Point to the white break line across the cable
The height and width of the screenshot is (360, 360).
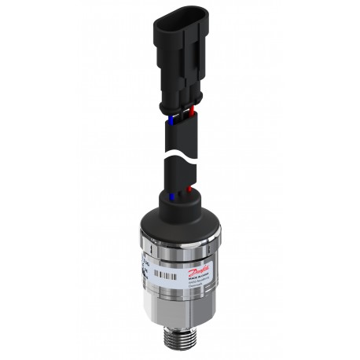[x=180, y=156]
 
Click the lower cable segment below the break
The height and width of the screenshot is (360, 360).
[x=179, y=173]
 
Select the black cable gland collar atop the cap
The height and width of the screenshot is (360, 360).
[x=180, y=203]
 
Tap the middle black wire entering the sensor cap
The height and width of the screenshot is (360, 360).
[x=179, y=192]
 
